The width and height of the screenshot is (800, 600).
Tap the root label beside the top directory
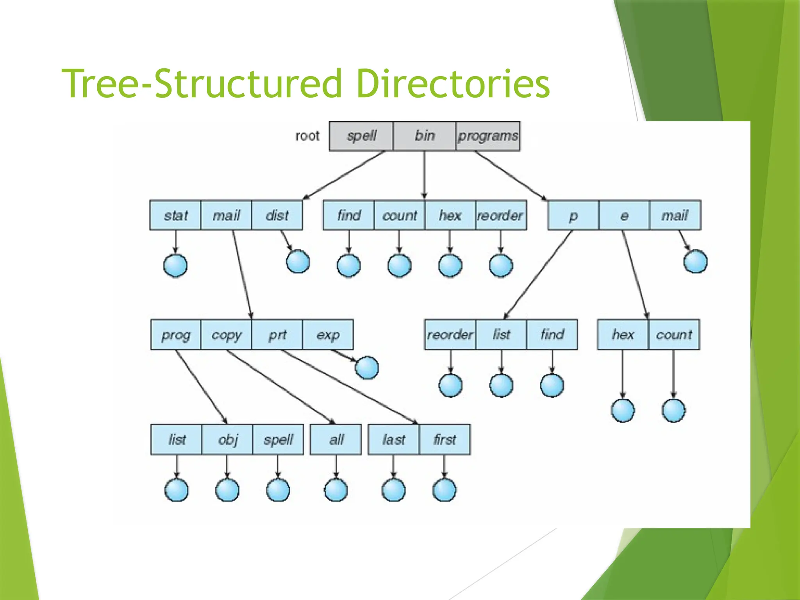coord(307,136)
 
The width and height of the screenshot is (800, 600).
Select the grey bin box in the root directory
coord(425,136)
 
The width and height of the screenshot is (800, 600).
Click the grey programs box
coord(488,136)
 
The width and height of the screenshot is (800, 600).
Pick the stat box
coord(175,215)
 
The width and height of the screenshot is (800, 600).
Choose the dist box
coord(277,215)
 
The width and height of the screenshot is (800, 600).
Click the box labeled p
coord(573,215)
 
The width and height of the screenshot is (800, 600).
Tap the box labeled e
coord(624,215)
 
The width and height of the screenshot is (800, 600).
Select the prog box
coord(176,335)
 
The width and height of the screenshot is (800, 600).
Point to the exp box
coord(328,335)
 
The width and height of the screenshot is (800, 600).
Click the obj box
coord(227,440)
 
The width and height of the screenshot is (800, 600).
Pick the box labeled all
coord(336,440)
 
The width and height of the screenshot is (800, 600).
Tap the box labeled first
coord(445,440)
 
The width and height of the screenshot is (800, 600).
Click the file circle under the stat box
coord(175,266)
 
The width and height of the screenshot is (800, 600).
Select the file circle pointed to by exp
coord(367,368)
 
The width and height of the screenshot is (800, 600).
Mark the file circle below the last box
coord(394,490)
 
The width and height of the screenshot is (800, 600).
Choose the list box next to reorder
coord(501,335)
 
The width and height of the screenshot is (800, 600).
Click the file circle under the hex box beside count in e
coord(623,411)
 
